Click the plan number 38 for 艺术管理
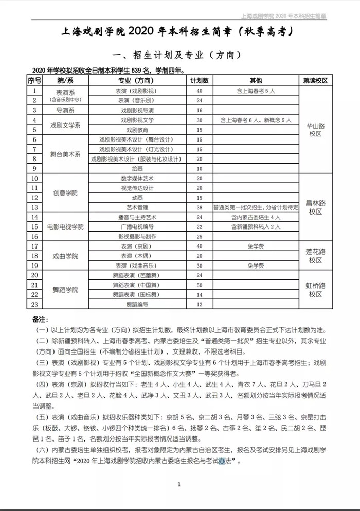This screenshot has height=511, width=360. click(x=199, y=207)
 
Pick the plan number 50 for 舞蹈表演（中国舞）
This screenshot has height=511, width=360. click(x=199, y=285)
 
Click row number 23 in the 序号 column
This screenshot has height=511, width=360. click(x=34, y=305)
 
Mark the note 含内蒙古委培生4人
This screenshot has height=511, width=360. click(x=256, y=217)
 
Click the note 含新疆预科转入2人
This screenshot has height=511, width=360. click(x=256, y=227)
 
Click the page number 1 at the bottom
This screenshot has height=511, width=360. click(x=179, y=484)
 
